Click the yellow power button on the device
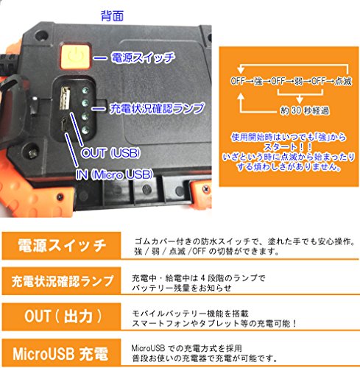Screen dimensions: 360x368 point(75,56)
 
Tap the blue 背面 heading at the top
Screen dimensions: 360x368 point(112,15)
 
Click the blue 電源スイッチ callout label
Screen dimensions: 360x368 point(143,58)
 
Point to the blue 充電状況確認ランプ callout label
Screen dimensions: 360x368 point(157,108)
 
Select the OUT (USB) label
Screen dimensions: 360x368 point(110,153)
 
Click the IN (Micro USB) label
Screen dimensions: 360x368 point(114,174)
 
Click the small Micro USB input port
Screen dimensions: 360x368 point(65,124)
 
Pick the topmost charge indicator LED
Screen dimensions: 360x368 point(85,90)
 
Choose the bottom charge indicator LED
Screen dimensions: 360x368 point(85,130)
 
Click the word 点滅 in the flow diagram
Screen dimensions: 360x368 point(343,81)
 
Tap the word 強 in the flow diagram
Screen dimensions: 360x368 point(258,81)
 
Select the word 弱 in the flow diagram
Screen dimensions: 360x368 point(299,81)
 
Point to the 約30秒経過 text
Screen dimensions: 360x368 point(305,110)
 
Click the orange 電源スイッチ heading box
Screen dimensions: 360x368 point(61,246)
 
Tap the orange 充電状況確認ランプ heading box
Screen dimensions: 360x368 point(61,281)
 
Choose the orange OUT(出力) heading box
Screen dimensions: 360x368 point(61,316)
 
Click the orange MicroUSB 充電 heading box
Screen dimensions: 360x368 point(61,353)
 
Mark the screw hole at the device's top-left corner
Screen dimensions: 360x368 point(41,36)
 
